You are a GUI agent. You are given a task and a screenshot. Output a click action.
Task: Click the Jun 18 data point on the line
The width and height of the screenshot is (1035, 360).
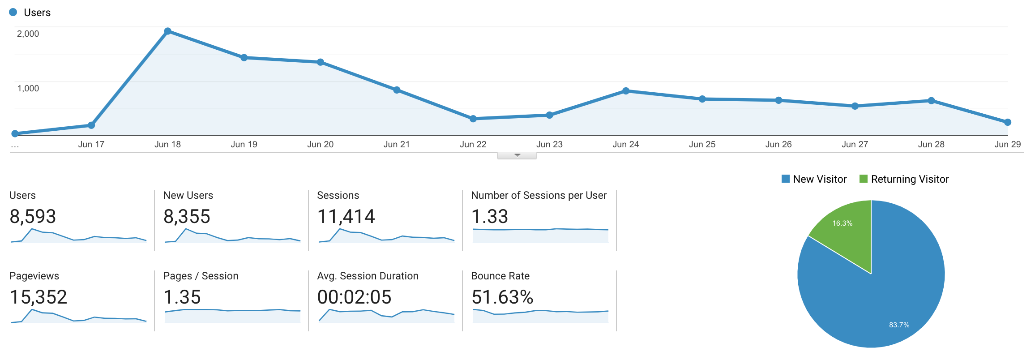(168, 31)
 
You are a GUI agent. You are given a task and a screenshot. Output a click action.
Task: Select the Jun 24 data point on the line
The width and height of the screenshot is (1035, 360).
(626, 91)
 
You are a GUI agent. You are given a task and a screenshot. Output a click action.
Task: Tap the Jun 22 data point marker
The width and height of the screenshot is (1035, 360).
(473, 119)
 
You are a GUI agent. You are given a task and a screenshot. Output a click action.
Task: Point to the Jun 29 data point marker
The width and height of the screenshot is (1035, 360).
(1008, 122)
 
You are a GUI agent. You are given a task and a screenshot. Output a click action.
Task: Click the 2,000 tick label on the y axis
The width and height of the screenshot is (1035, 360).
(28, 34)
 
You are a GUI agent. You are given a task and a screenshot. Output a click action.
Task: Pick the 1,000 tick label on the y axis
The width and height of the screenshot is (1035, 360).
(28, 88)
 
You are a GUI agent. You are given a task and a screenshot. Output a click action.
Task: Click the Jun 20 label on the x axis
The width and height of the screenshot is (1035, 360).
(320, 144)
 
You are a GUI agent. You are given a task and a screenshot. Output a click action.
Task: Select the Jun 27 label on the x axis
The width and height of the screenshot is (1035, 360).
(855, 144)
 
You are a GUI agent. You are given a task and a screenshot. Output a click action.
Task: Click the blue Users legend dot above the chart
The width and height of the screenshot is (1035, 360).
(13, 12)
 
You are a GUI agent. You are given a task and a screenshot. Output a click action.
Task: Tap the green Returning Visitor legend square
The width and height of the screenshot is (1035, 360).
(864, 179)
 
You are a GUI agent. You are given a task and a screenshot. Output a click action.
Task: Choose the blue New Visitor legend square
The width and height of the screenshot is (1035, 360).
(786, 179)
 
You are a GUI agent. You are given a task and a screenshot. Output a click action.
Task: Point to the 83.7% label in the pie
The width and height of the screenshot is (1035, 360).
(899, 325)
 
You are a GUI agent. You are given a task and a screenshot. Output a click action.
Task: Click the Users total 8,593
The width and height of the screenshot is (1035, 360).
(33, 217)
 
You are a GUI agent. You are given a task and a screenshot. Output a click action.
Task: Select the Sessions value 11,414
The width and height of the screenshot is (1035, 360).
(346, 217)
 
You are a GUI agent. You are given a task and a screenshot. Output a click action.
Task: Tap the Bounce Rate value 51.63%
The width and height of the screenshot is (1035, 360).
(502, 297)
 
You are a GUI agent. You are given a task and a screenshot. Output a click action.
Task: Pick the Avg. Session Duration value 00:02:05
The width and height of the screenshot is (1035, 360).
(354, 297)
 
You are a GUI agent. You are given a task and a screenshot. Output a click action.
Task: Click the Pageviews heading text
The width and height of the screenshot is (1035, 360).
(34, 276)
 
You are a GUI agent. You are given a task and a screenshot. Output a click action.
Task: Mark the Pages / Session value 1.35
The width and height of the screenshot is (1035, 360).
(182, 297)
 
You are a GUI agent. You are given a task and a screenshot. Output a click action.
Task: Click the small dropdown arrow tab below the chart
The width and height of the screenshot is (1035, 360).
(517, 155)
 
